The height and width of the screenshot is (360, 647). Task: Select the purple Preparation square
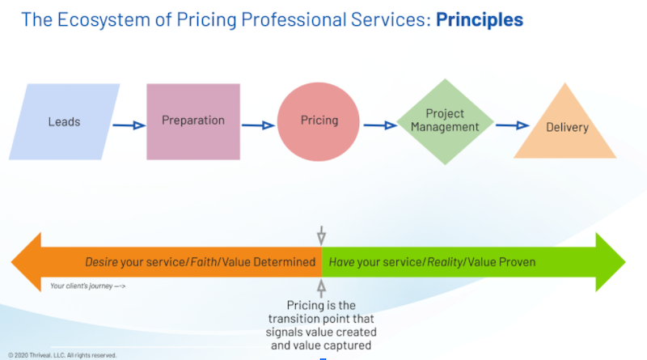192,121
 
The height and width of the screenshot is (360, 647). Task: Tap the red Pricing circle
319,121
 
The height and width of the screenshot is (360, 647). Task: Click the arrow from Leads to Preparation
128,125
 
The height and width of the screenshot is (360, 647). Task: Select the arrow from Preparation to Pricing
258,125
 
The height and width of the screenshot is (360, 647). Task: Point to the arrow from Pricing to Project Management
378,125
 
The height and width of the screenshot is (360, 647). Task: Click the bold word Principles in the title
480,19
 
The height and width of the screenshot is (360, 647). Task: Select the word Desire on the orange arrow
103,262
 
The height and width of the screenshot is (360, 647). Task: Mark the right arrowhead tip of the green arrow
624,262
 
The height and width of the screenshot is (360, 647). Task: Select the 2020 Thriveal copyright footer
62,354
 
